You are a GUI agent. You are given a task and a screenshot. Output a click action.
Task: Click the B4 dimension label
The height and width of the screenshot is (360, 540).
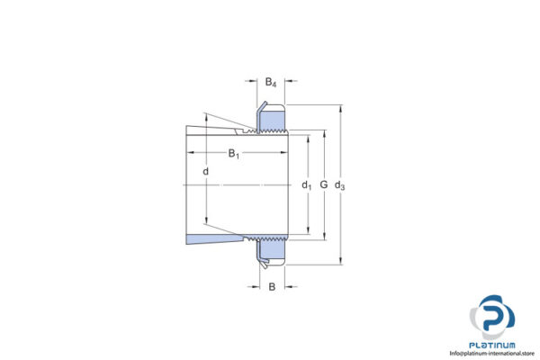[270, 83]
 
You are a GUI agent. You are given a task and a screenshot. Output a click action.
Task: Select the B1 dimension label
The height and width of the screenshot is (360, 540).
[233, 154]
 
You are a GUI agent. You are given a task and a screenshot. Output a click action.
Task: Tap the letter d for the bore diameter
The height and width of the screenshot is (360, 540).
[206, 171]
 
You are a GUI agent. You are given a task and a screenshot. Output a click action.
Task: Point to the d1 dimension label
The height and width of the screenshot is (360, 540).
[307, 186]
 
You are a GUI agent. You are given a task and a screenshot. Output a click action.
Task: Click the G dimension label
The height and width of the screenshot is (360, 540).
[323, 186]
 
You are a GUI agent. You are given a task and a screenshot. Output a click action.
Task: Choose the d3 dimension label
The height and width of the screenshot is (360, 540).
[339, 186]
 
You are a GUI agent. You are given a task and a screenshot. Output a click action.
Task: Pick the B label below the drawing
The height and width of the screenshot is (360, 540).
[271, 287]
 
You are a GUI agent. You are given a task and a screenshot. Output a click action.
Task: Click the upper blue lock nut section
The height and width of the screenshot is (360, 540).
[274, 119]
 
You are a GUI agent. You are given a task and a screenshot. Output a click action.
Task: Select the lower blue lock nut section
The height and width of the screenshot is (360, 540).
[274, 252]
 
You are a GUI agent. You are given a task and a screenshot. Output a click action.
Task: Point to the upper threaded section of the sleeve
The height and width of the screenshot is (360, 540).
[270, 133]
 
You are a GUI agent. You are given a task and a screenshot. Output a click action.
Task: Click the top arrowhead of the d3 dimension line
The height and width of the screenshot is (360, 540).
[340, 110]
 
